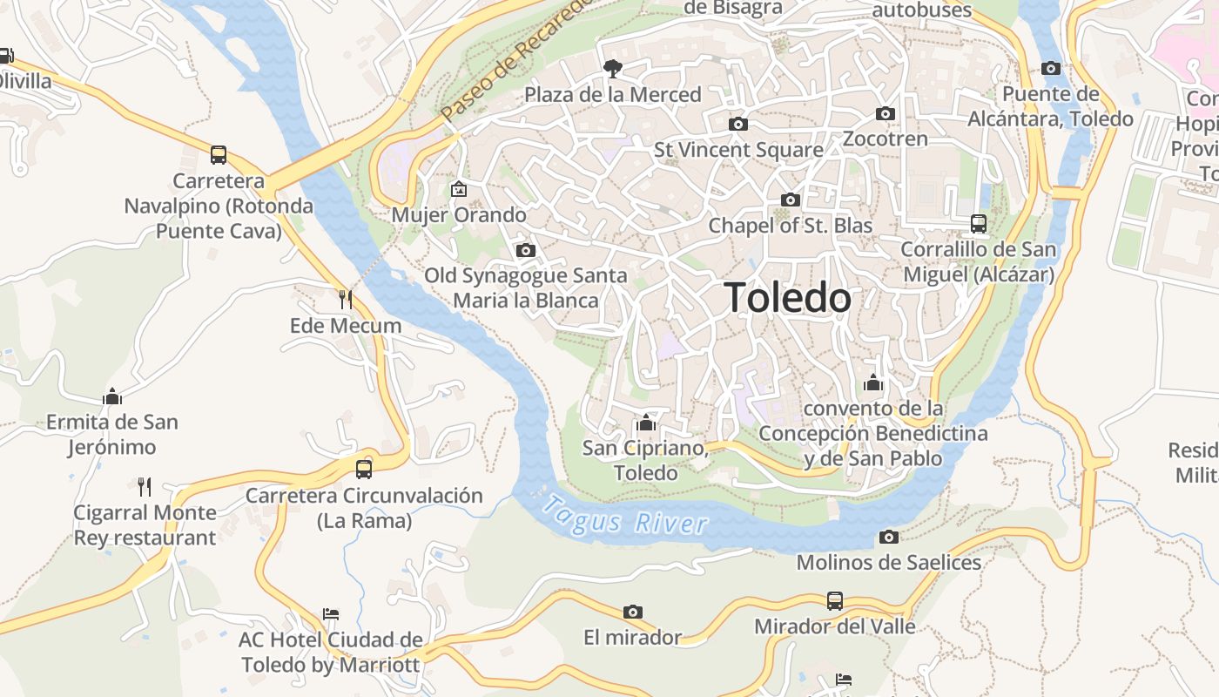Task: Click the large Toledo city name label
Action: (x=787, y=298)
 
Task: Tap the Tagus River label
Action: (x=624, y=515)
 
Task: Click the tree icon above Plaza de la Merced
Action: (x=613, y=68)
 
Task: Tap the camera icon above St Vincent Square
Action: (x=737, y=124)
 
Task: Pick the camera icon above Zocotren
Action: (x=885, y=113)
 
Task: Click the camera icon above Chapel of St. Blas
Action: (x=790, y=200)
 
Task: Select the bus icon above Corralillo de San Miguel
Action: (x=978, y=224)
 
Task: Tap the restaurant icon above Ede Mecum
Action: (x=346, y=300)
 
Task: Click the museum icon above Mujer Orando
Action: (x=458, y=189)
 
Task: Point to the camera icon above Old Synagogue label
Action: (x=525, y=250)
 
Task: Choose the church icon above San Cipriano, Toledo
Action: (x=645, y=423)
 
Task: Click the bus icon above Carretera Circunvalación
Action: (x=364, y=469)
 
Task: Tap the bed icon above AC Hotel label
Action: (x=330, y=614)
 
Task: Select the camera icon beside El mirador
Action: (x=633, y=612)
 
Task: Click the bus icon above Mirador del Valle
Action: (x=834, y=600)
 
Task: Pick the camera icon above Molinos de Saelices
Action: (x=888, y=537)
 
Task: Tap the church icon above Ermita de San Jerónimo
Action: (x=112, y=396)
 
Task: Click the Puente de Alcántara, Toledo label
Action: (x=1050, y=106)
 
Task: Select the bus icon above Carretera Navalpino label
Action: (x=219, y=155)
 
